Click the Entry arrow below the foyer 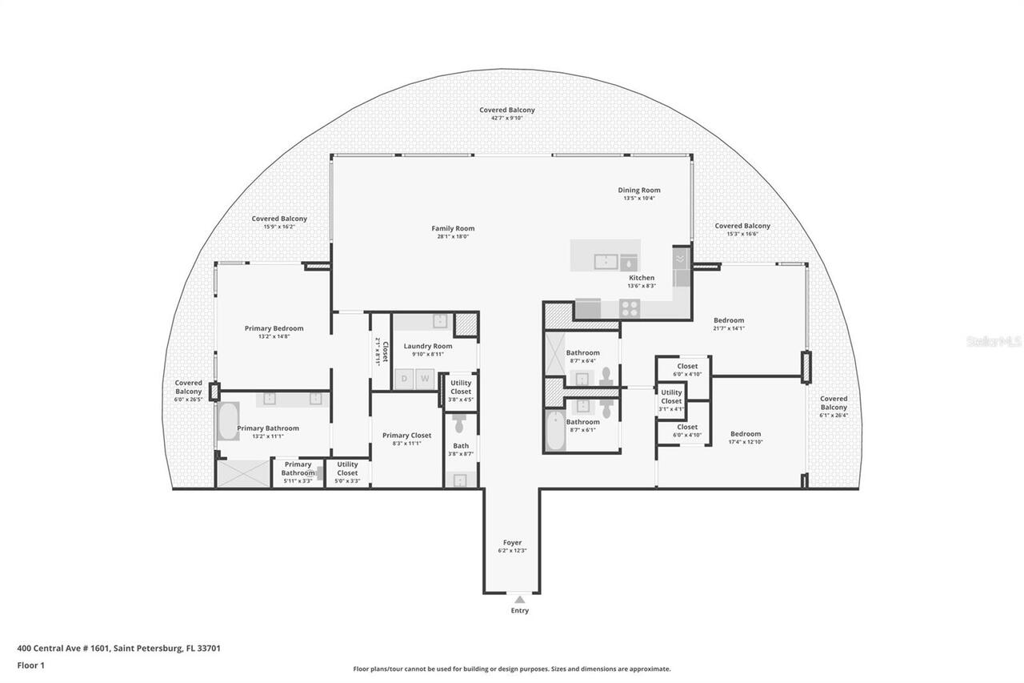click(519, 599)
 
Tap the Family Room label click(453, 228)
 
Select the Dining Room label click(638, 191)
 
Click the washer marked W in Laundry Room click(426, 378)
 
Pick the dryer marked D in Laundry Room click(405, 378)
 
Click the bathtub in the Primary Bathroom click(227, 421)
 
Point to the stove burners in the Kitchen click(630, 307)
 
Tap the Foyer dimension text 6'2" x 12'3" click(512, 551)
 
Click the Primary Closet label click(406, 436)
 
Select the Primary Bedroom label click(274, 328)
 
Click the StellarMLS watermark click(993, 342)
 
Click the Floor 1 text click(31, 665)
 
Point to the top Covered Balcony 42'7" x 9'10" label click(507, 110)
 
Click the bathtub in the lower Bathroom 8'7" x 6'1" click(554, 430)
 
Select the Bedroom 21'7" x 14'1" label click(728, 320)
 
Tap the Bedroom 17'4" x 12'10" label click(744, 434)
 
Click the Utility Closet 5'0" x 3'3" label click(347, 468)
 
